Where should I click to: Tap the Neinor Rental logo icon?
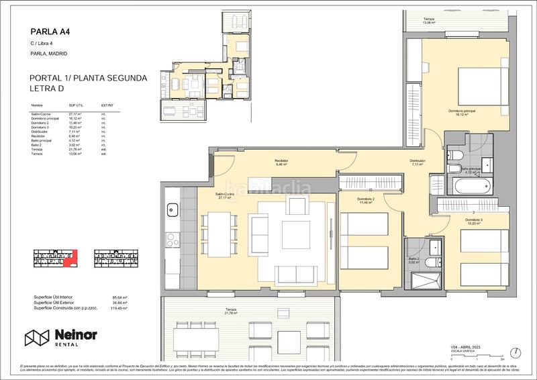tap(37, 338)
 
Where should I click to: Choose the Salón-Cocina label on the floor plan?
tap(226, 196)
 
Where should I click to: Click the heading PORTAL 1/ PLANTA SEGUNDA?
tap(89, 79)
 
